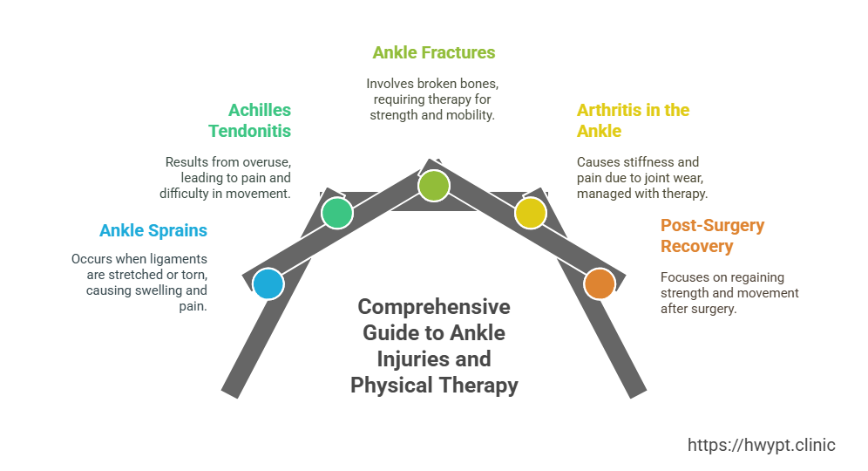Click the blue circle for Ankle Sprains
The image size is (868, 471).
point(268,284)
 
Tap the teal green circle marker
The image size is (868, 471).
point(336,213)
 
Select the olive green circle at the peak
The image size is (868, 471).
point(433,186)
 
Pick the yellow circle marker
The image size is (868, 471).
point(530,213)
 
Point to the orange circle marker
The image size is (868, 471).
point(599,284)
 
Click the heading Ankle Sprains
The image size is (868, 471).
point(153,230)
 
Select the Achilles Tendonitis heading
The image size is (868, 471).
point(249,120)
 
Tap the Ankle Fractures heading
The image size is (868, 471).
point(433,52)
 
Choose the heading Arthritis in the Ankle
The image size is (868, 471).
point(633,120)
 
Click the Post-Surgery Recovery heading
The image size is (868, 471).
point(712,235)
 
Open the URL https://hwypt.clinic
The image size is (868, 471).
point(761,445)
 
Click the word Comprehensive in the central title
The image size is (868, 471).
point(434,308)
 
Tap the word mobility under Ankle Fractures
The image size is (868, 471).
point(471,115)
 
